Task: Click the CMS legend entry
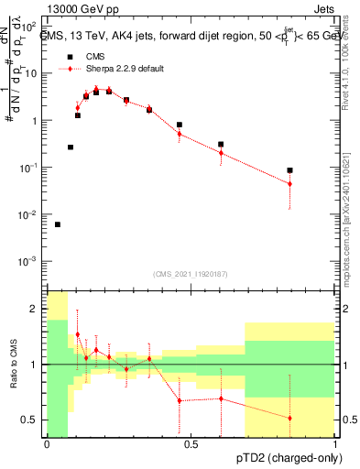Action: [x=95, y=56]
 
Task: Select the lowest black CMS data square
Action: [x=58, y=224]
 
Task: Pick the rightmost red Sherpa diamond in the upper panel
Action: [x=289, y=184]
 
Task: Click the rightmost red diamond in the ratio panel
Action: [x=289, y=418]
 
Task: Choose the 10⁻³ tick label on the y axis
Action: [x=29, y=262]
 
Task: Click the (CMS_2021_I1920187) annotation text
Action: [x=191, y=274]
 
